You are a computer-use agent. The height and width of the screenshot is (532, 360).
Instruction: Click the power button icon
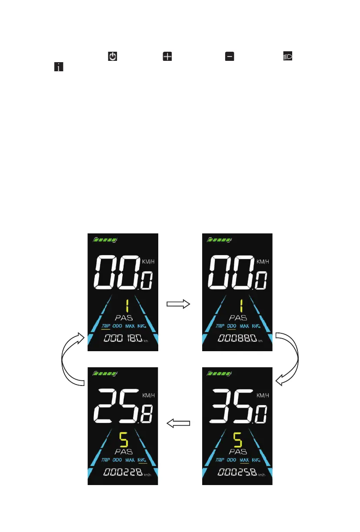113,57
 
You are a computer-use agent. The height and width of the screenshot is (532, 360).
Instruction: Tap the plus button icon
167,57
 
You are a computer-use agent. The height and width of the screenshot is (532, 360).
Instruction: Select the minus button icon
229,57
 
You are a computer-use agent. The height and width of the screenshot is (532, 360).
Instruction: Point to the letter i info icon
57,67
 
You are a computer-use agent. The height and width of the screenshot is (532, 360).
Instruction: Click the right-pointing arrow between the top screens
179,304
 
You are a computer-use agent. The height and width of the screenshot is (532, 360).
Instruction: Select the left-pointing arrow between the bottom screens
179,422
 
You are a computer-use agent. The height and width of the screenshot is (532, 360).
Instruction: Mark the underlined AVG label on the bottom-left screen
142,459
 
